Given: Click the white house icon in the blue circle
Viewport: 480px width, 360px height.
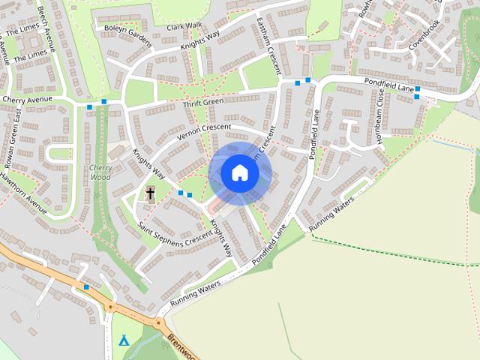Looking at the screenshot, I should [240, 173].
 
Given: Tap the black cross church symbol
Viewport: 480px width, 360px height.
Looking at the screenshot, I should [150, 194].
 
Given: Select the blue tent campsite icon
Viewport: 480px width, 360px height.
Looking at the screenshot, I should [124, 340].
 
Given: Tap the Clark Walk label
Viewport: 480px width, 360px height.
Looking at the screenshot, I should [184, 25].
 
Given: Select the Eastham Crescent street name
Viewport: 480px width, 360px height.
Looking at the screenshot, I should [268, 45].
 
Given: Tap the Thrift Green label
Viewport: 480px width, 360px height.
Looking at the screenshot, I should [203, 102].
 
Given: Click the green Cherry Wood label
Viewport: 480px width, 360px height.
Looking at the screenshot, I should [100, 172].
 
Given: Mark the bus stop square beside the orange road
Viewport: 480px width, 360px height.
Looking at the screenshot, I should [87, 287].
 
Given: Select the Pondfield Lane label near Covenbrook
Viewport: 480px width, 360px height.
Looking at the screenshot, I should [389, 84].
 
